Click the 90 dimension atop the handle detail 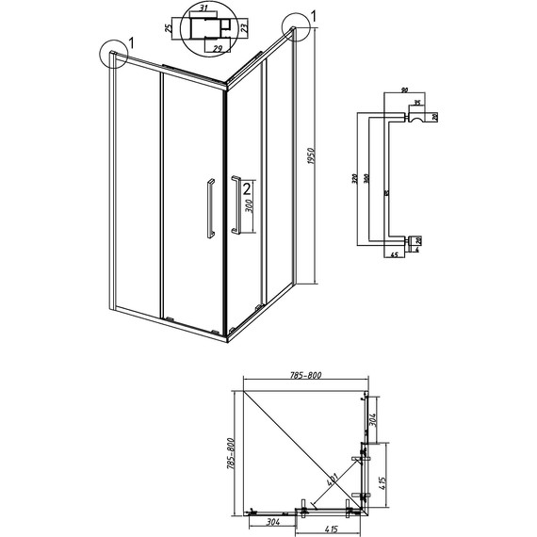pyautogui.click(x=405, y=91)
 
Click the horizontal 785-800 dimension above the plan pyautogui.click(x=303, y=376)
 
